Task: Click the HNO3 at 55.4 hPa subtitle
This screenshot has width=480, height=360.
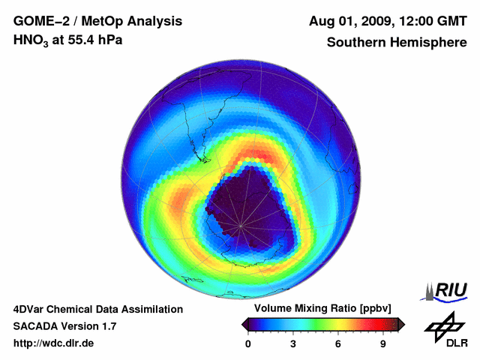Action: click(67, 40)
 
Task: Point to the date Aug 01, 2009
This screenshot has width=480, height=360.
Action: click(348, 20)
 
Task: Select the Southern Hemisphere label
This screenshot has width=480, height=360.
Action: click(396, 43)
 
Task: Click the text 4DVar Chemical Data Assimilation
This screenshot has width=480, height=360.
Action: click(97, 309)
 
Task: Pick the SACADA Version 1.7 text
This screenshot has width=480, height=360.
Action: click(64, 326)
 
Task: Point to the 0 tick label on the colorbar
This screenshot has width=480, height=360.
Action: click(248, 343)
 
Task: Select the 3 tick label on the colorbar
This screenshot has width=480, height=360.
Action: click(293, 343)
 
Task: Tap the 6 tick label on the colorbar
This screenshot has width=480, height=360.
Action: click(338, 343)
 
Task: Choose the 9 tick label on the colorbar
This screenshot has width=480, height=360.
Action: click(383, 343)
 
